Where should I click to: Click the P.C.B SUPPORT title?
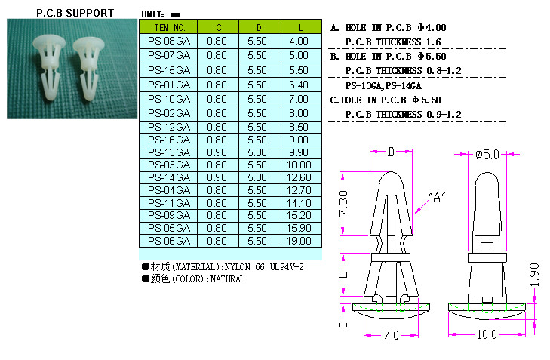click(75, 13)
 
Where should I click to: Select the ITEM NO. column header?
click(168, 27)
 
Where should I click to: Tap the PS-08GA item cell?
click(169, 41)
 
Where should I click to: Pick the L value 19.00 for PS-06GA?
click(299, 241)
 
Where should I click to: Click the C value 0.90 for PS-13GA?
click(217, 152)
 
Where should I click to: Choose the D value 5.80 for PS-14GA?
click(257, 177)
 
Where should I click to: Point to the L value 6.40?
click(299, 85)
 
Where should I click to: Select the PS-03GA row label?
click(169, 165)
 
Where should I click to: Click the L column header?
click(300, 27)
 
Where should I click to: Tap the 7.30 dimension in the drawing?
click(343, 203)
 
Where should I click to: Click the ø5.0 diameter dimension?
click(487, 155)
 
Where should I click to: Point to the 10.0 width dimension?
click(487, 335)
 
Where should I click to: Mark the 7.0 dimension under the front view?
click(391, 335)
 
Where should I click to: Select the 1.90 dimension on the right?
click(534, 275)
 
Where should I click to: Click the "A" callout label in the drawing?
click(437, 197)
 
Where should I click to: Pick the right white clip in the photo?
click(89, 69)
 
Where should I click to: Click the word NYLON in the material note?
click(238, 267)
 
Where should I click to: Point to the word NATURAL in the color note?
click(227, 279)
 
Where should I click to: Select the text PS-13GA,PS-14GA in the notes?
click(383, 86)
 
